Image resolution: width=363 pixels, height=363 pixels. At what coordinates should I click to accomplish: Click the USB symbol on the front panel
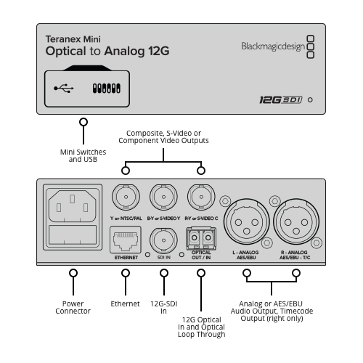[x=64, y=89]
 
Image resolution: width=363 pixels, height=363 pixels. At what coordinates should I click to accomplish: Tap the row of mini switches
[x=107, y=89]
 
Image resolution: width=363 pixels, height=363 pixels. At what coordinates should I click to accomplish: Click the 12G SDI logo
[x=281, y=99]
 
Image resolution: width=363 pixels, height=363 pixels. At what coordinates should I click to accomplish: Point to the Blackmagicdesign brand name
[x=273, y=46]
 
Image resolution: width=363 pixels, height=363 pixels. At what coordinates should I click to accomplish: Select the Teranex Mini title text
[x=73, y=39]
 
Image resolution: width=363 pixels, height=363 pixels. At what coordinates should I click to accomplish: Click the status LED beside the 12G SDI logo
[x=310, y=99]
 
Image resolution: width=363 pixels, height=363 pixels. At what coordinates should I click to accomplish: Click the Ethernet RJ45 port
[x=126, y=240]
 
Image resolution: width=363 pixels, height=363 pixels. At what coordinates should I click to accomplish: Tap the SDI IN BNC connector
[x=163, y=240]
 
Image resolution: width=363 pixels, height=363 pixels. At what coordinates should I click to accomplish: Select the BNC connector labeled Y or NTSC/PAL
[x=126, y=197]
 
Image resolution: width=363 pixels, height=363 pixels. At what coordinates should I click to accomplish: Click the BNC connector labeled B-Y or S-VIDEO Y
[x=163, y=197]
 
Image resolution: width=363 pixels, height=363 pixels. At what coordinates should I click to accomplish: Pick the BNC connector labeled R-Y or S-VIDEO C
[x=201, y=197]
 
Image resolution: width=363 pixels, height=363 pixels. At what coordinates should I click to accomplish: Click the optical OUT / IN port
[x=201, y=238]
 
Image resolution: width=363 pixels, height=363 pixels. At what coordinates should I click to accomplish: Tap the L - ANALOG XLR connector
[x=247, y=221]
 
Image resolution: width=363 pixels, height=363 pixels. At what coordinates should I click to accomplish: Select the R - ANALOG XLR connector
[x=296, y=221]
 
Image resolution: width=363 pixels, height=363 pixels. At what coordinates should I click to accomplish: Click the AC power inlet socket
[x=73, y=206]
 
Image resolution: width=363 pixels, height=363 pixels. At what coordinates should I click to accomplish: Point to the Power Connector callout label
[x=73, y=307]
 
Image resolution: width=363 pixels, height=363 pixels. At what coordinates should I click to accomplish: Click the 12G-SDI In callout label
[x=164, y=307]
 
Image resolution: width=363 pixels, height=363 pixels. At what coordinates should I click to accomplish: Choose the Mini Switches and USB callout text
[x=83, y=155]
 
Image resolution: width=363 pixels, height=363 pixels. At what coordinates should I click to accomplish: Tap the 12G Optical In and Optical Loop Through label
[x=201, y=327]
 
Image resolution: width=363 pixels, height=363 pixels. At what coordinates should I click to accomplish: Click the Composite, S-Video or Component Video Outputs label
[x=163, y=136]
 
